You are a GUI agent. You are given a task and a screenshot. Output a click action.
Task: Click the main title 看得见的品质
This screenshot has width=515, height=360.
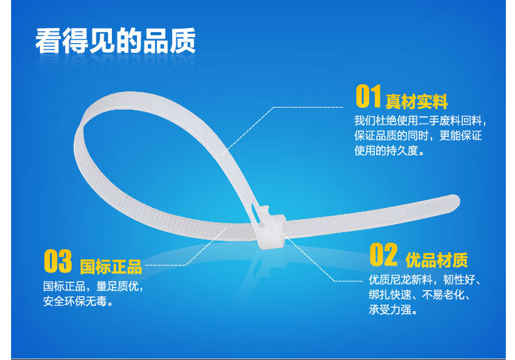coord(115,40)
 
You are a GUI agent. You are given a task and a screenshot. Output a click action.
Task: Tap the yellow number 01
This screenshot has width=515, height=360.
coord(368,96)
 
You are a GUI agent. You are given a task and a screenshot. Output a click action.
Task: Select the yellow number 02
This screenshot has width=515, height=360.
coord(383,254)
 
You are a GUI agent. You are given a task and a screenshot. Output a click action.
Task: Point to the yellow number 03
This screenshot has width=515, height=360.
coord(58,261)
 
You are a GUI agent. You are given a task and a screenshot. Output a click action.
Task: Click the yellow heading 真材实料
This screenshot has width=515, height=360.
coord(417,102)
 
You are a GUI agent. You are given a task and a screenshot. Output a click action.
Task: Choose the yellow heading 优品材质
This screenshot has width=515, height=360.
coord(437,260)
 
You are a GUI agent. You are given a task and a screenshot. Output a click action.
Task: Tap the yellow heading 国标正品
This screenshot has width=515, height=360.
coord(111,267)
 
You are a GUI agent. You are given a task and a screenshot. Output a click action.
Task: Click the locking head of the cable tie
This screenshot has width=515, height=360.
coord(270,227)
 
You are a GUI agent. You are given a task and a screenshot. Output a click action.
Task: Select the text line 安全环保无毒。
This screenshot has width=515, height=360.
coord(78,301)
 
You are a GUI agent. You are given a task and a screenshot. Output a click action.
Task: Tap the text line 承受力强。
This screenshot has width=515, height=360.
coord(393,309)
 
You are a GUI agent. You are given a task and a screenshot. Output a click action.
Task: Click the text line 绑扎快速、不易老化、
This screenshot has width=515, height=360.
coord(419,295)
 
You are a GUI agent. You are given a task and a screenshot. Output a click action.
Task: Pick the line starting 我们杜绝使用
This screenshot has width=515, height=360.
coord(420,121)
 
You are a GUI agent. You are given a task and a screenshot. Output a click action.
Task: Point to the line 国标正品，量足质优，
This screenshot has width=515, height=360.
coord(93,286)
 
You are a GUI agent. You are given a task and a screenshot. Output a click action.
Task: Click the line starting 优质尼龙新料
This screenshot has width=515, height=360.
coord(425,280)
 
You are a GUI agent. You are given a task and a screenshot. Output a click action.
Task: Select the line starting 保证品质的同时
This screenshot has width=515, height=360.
coord(418,136)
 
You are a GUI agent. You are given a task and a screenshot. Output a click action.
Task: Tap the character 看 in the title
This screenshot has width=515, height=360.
coord(48,40)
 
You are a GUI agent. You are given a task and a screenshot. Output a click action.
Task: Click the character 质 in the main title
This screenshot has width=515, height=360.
coord(183,40)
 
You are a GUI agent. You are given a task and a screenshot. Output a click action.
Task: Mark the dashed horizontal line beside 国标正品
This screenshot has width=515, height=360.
coord(166,265)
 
